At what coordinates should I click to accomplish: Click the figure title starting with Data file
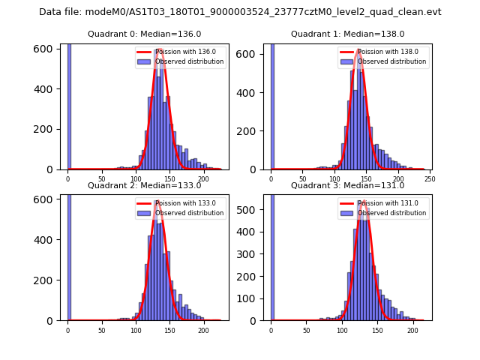pos(240,12)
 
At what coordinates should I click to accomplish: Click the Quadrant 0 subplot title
pos(144,34)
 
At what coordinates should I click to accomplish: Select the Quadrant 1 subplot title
pos(347,34)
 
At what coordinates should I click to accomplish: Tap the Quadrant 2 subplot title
pos(144,185)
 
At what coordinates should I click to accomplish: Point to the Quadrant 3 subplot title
pos(347,185)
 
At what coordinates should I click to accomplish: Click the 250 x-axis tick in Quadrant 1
pos(430,178)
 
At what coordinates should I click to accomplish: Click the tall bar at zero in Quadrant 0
pos(69,105)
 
